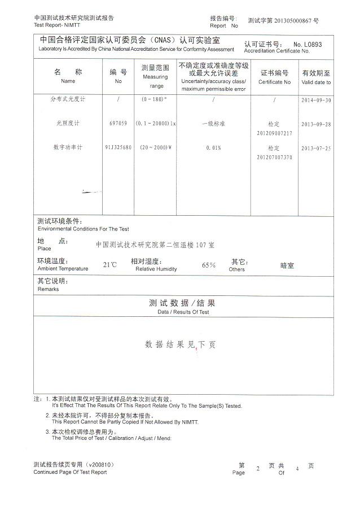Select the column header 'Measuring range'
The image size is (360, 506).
pyautogui.click(x=156, y=76)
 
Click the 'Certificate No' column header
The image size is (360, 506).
pyautogui.click(x=274, y=77)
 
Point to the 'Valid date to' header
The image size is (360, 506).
pyautogui.click(x=316, y=77)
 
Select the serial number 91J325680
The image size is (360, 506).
pyautogui.click(x=118, y=148)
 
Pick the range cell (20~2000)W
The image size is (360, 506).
pyautogui.click(x=155, y=148)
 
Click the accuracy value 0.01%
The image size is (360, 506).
pyautogui.click(x=213, y=148)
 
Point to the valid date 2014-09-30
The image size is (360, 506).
pyautogui.click(x=316, y=99)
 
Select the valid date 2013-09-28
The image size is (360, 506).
pyautogui.click(x=316, y=124)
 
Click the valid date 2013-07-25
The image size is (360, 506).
pyautogui.click(x=316, y=149)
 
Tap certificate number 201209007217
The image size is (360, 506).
pyautogui.click(x=275, y=133)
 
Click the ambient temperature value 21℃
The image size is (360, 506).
pyautogui.click(x=110, y=264)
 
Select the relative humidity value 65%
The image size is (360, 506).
pyautogui.click(x=209, y=265)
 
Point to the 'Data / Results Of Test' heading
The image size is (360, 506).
pyautogui.click(x=183, y=311)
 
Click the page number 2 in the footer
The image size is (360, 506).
pyautogui.click(x=258, y=468)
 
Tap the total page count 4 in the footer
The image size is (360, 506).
pyautogui.click(x=297, y=468)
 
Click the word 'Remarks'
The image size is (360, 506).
pyautogui.click(x=48, y=289)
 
